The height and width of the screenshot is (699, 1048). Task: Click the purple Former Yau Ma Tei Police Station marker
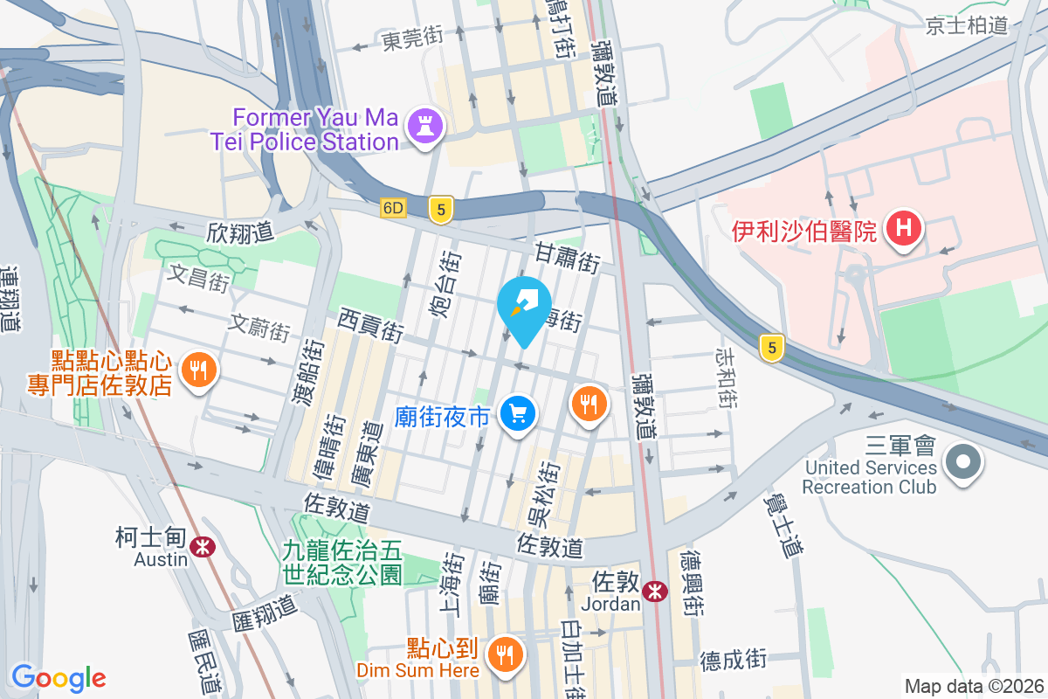coord(425,126)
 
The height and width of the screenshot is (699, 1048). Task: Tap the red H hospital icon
coord(904,230)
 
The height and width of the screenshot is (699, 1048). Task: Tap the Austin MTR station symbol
coord(203,547)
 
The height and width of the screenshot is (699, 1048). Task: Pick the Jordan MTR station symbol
coord(654,592)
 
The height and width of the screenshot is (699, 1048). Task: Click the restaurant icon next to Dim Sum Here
coord(505,652)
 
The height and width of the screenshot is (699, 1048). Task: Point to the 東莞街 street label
coord(412,38)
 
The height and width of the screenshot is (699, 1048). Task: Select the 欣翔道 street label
coord(240,232)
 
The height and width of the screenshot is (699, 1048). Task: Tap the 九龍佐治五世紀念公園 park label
coord(342,562)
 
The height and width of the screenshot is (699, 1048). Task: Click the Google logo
coord(59,677)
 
